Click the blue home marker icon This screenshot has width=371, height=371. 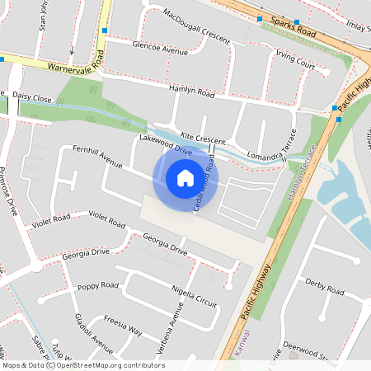185,177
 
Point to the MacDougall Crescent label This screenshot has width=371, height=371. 196,26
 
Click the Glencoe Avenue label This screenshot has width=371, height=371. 160,50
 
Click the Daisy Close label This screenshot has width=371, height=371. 32,97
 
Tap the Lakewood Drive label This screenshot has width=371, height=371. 165,147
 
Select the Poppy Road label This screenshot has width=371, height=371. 97,286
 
